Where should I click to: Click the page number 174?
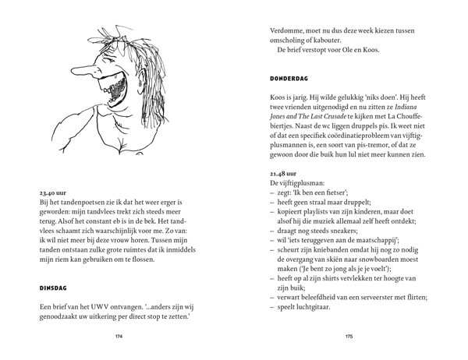click(119, 337)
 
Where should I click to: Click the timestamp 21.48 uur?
click(282, 171)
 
